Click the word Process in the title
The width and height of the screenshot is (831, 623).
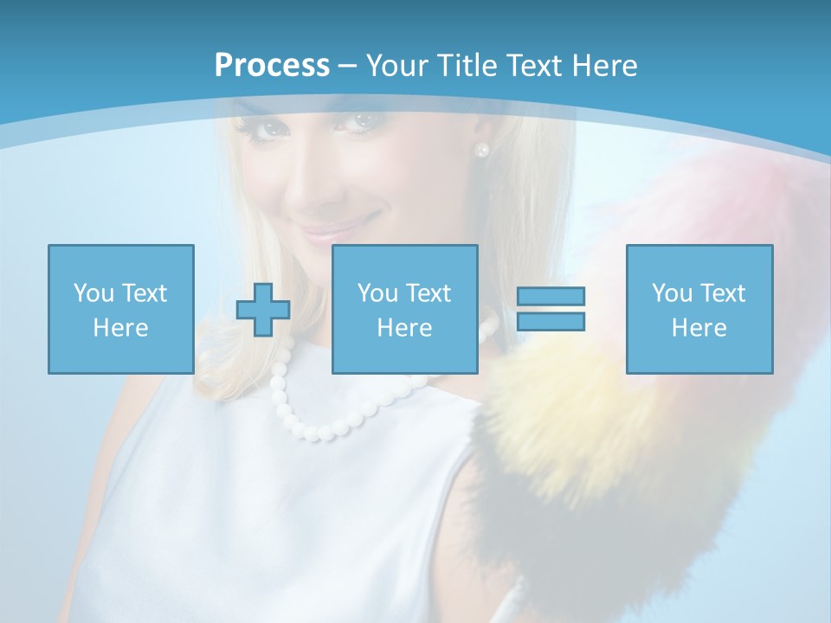point(272,66)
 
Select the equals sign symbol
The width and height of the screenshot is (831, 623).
point(551,309)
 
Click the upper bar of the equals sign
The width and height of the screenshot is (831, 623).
point(551,297)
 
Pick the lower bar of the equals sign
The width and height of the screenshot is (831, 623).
point(551,321)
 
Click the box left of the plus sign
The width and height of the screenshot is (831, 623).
point(121,309)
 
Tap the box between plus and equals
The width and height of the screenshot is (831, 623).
point(404,309)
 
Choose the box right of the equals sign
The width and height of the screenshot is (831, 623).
point(699,309)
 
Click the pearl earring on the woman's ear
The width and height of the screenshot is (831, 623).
point(481,150)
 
